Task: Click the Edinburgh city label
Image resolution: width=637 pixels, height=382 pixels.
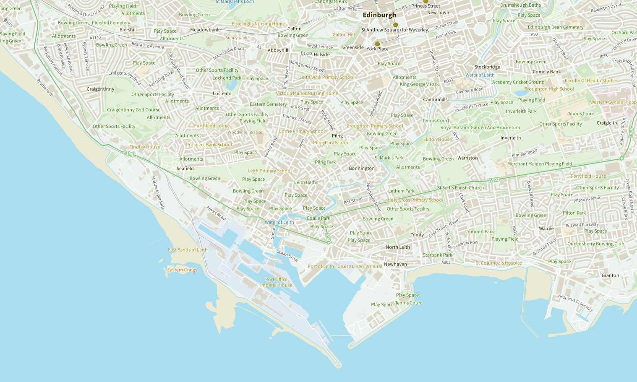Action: pyautogui.click(x=379, y=15)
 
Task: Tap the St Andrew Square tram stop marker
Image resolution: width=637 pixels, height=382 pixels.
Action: pyautogui.click(x=395, y=25)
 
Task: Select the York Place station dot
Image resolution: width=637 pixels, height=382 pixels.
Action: pyautogui.click(x=377, y=44)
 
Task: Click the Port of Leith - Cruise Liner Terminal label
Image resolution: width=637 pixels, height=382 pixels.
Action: pyautogui.click(x=345, y=266)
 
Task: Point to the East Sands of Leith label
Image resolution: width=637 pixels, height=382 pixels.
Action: pyautogui.click(x=188, y=250)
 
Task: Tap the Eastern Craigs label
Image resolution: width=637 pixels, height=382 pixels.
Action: pyautogui.click(x=182, y=270)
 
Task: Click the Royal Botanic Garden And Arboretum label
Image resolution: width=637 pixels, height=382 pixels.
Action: pyautogui.click(x=480, y=128)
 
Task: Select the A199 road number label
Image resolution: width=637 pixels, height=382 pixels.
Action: pyautogui.click(x=128, y=153)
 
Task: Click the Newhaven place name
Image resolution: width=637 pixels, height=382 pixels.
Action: pyautogui.click(x=395, y=264)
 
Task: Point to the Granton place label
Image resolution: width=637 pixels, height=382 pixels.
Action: pyautogui.click(x=610, y=275)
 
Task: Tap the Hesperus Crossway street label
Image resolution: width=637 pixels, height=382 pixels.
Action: pyautogui.click(x=575, y=303)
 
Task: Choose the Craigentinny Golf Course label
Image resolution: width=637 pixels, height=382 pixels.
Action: pyautogui.click(x=133, y=110)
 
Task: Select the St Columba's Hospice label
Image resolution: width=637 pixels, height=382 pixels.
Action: pyautogui.click(x=499, y=263)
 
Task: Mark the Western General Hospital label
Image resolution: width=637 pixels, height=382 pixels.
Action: pyautogui.click(x=613, y=102)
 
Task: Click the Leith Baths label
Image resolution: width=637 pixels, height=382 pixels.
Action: pyautogui.click(x=306, y=182)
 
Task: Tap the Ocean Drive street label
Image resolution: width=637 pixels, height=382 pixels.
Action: pyautogui.click(x=287, y=255)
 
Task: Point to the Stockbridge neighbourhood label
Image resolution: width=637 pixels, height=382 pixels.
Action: pyautogui.click(x=487, y=67)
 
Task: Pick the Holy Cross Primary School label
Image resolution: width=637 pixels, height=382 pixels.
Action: pyautogui.click(x=415, y=200)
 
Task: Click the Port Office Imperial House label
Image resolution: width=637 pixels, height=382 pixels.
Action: pyautogui.click(x=276, y=282)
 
